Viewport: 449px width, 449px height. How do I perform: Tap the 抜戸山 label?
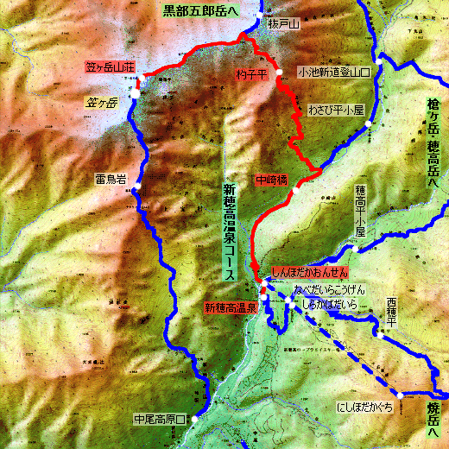pos(282,24)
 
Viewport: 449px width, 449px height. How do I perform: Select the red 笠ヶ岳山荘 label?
pos(111,66)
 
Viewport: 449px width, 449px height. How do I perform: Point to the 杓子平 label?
pos(251,74)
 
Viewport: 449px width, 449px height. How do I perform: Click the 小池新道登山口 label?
pos(333,73)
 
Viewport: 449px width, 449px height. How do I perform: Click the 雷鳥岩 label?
pos(111,179)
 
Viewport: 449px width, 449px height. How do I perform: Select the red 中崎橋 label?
pos(273,180)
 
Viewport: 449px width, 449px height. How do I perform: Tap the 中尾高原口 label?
pos(161,419)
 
